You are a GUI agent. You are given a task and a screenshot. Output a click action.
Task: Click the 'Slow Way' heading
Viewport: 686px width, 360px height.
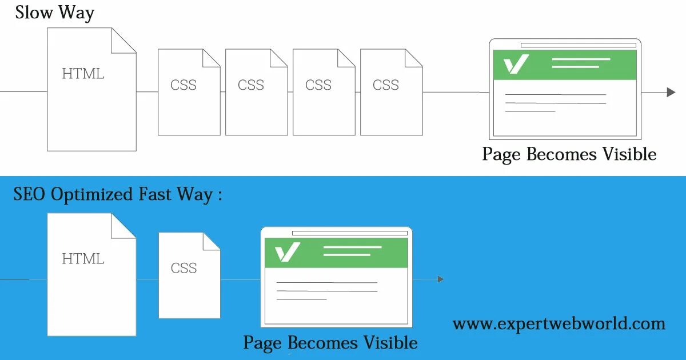click(x=55, y=13)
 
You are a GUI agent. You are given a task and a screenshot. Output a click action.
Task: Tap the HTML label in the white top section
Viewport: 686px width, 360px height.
click(x=83, y=74)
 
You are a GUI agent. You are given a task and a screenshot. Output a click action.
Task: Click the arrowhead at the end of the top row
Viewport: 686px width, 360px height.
click(x=671, y=92)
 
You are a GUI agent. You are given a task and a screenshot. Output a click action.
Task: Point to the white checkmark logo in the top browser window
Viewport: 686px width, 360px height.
click(x=516, y=64)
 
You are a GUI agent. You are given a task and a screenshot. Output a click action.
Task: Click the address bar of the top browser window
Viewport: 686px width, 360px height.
click(x=578, y=45)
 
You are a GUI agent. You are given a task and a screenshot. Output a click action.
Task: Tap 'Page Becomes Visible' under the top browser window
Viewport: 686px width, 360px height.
click(x=569, y=154)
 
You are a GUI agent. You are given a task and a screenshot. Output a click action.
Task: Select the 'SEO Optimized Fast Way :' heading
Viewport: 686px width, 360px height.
click(x=117, y=195)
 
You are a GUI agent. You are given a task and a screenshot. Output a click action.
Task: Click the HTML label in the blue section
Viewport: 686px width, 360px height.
click(x=83, y=259)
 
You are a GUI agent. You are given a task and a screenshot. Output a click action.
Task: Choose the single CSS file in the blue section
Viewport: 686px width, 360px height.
click(x=189, y=275)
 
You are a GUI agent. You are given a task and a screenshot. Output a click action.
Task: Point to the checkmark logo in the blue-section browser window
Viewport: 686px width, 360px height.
click(x=288, y=252)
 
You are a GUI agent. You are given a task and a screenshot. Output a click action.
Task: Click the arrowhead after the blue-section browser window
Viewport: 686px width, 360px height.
click(x=440, y=279)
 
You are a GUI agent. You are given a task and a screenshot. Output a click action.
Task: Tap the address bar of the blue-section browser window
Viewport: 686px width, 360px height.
click(x=349, y=233)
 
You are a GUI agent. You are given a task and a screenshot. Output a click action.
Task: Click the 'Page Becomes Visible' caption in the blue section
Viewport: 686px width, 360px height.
click(x=330, y=343)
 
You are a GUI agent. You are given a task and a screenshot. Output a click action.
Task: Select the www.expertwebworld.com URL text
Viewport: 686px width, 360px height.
click(x=559, y=324)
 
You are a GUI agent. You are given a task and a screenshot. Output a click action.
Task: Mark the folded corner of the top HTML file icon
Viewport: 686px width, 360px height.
click(x=124, y=41)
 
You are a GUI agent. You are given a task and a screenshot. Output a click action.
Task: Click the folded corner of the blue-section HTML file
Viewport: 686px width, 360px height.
click(x=124, y=226)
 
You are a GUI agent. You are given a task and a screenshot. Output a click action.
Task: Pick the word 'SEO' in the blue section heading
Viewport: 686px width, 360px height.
click(x=30, y=195)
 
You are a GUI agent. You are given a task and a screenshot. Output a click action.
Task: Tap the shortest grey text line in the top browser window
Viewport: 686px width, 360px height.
click(x=530, y=111)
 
